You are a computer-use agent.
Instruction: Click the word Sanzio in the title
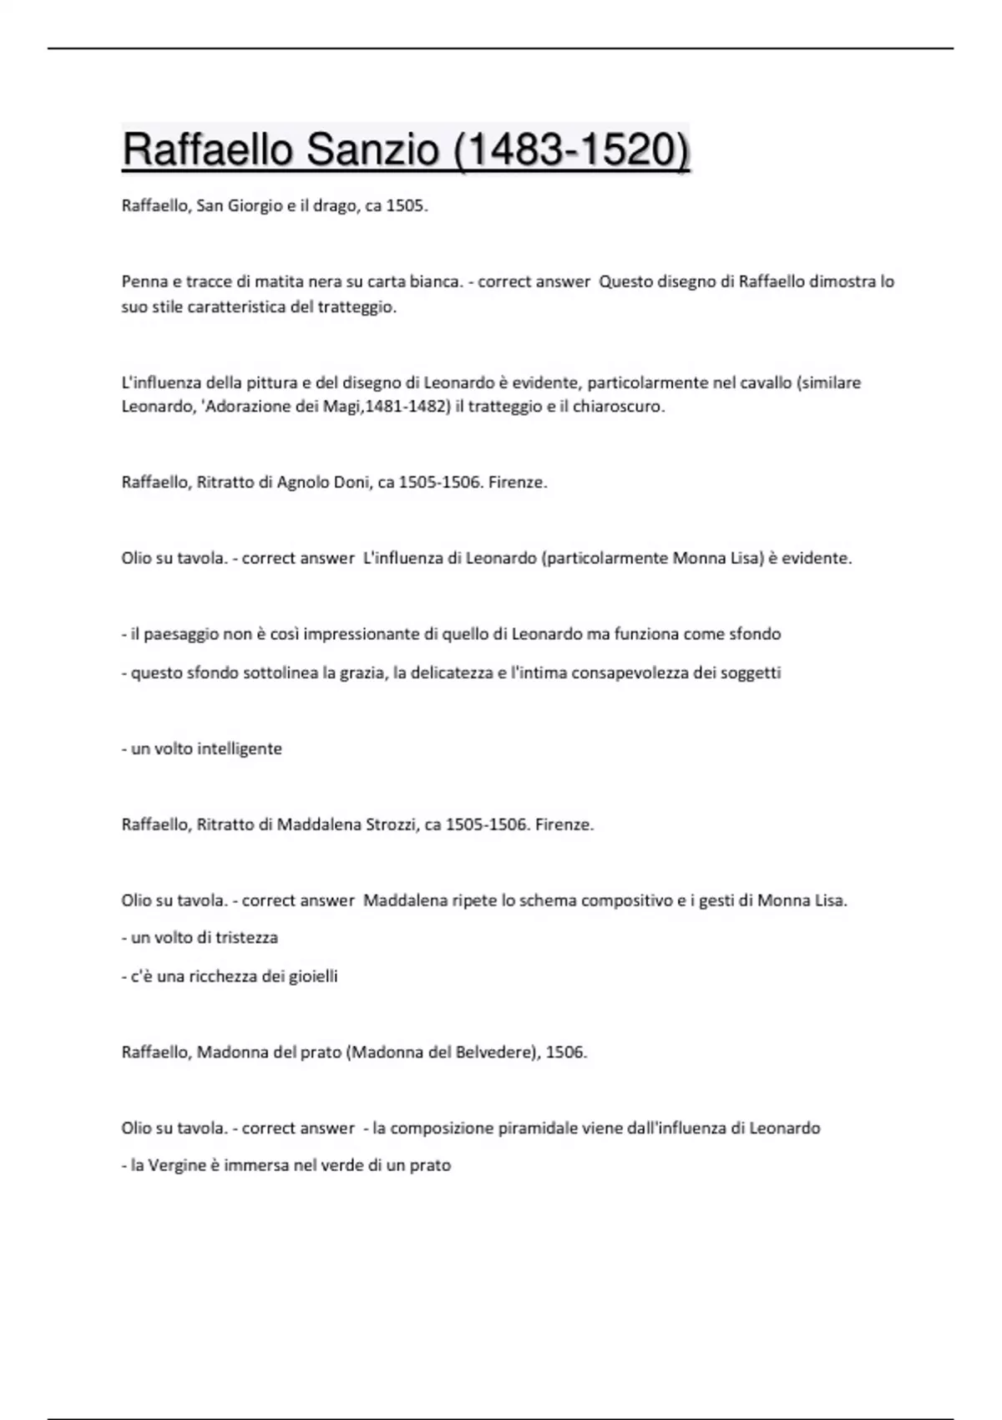point(373,150)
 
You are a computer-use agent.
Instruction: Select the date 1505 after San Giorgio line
point(406,205)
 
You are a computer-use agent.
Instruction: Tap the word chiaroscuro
point(618,408)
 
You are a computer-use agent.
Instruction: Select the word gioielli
point(313,976)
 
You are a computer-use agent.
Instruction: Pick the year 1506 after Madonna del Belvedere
point(564,1052)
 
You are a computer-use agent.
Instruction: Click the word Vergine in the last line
point(175,1165)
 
